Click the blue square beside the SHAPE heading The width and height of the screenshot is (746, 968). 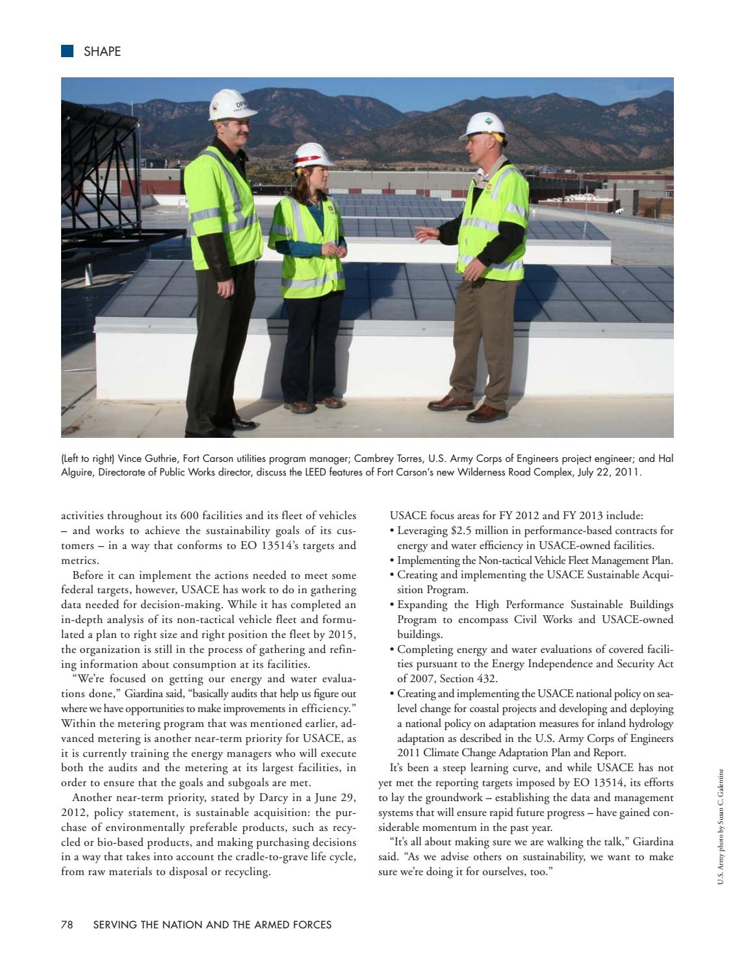[x=67, y=51]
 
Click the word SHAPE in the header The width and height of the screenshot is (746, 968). [x=102, y=52]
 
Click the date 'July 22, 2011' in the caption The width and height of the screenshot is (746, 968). [x=608, y=472]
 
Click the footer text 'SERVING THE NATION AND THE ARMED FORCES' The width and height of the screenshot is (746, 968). [x=212, y=924]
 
